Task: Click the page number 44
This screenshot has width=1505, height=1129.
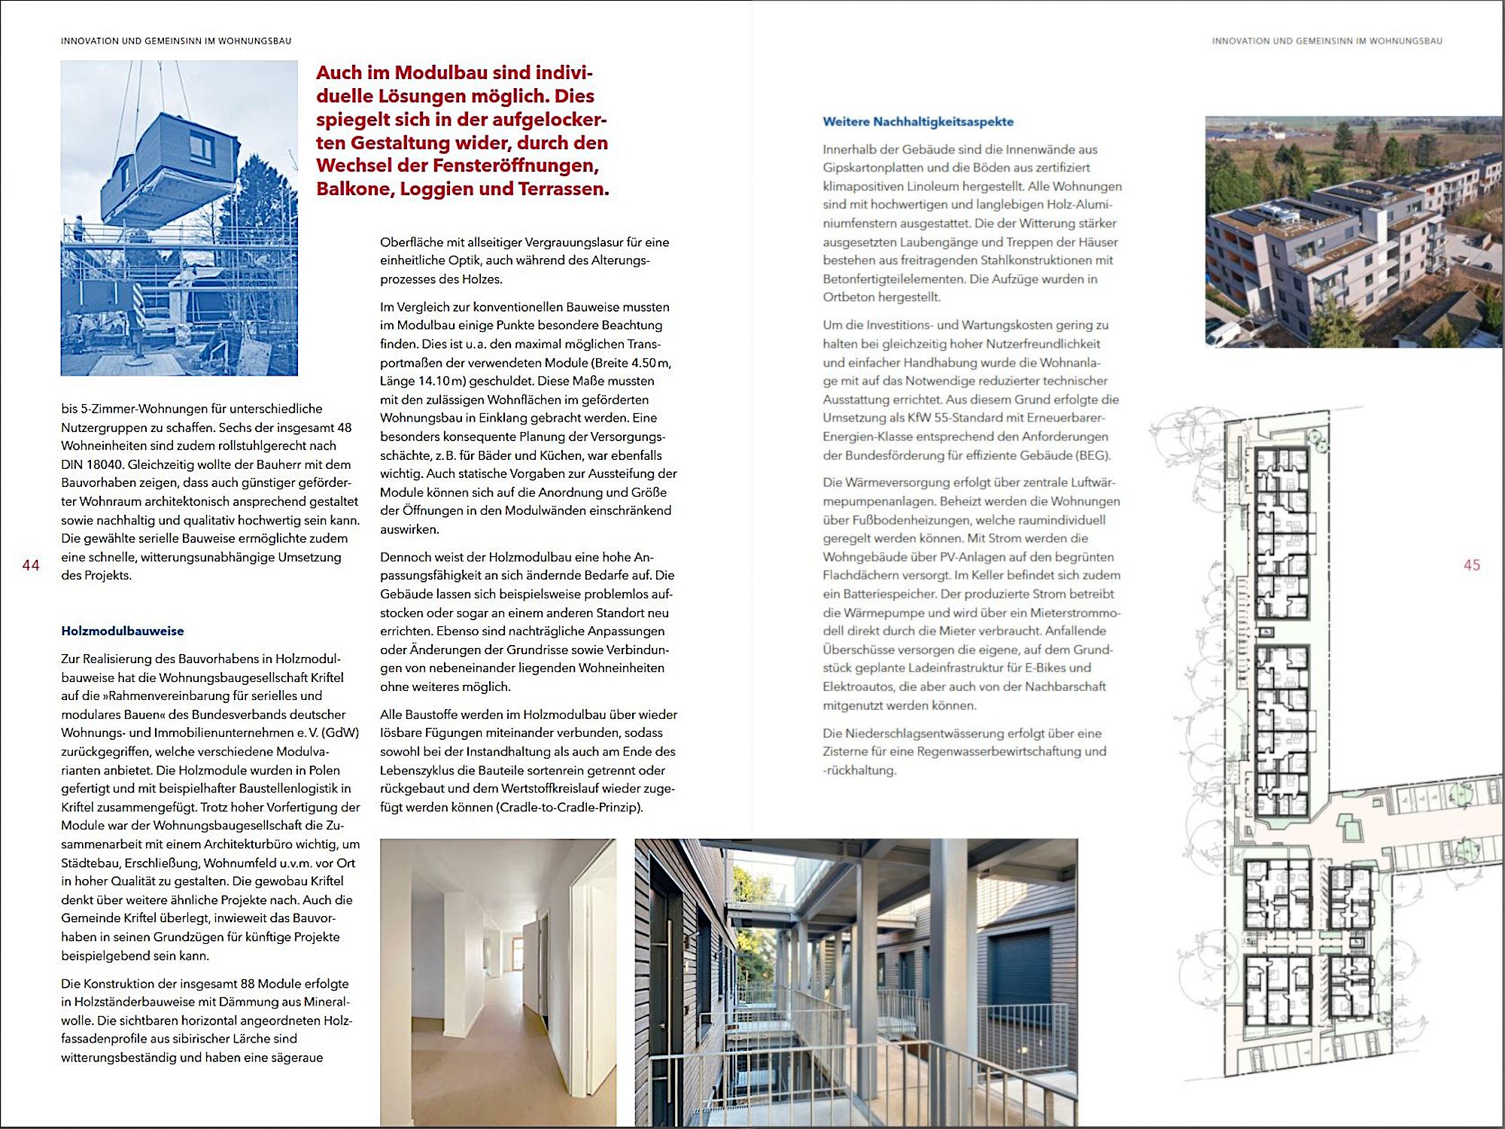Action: (x=31, y=565)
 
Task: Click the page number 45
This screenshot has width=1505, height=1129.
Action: (x=1472, y=565)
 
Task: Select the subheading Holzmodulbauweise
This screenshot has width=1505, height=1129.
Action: (x=123, y=631)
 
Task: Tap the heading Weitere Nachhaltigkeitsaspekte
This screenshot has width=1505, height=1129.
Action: (x=918, y=122)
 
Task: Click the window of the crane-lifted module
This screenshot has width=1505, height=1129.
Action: (x=202, y=146)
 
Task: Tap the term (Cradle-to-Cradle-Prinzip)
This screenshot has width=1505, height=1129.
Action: (x=569, y=808)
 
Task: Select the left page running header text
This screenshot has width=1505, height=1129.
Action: (x=176, y=41)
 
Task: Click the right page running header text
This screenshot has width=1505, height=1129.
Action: (x=1327, y=41)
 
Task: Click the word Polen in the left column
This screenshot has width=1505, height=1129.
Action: (x=324, y=771)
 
